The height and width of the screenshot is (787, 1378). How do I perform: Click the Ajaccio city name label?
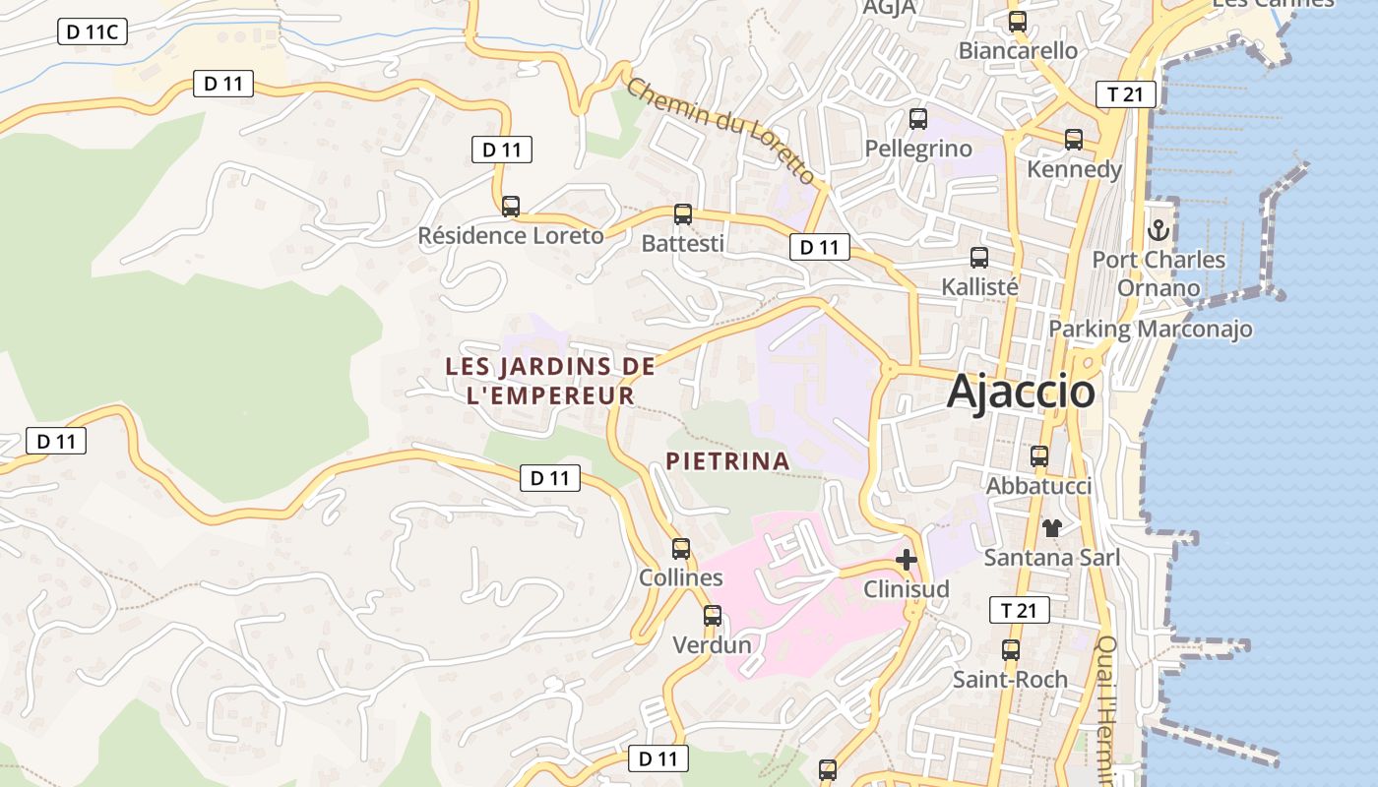pos(1021,392)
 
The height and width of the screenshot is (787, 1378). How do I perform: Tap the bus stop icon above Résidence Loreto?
pos(510,207)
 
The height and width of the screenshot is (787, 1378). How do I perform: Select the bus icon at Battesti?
pos(682,214)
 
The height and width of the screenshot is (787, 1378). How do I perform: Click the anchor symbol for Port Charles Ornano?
pos(1159,231)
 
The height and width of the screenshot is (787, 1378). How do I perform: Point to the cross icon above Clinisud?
pos(907,560)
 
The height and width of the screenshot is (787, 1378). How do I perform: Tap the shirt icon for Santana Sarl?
pos(1052,528)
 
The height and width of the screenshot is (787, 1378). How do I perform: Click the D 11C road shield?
pos(92,32)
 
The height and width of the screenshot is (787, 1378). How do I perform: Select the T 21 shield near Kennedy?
pos(1125,94)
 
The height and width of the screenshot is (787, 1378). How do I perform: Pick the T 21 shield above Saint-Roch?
pos(1019,611)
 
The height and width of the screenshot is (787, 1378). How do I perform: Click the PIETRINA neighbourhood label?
pos(727,460)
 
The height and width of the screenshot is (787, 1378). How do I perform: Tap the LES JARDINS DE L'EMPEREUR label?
pos(550,381)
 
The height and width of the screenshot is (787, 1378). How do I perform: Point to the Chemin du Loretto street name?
pos(720,130)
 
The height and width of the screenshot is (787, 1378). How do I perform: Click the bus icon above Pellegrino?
pos(918,119)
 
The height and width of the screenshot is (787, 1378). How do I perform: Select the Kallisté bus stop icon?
pos(979,258)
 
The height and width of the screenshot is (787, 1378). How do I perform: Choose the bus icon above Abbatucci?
pos(1039,456)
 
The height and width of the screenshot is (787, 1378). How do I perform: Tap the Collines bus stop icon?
pos(681,549)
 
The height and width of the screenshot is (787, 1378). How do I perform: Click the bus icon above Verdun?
pos(712,616)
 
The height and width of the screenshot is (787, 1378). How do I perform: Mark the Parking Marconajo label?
pos(1151,329)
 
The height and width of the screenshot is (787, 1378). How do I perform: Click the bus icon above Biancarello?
pos(1018,21)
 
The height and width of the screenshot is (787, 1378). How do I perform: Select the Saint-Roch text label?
pos(1010,680)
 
